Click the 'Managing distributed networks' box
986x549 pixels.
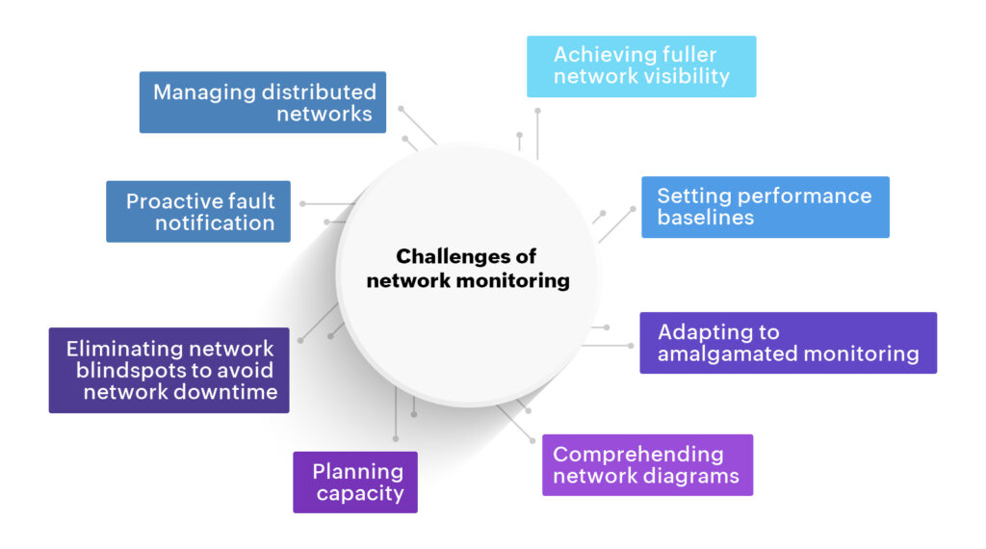coord(263,102)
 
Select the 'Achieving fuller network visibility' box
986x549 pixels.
coord(641,66)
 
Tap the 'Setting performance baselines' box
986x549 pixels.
coord(765,207)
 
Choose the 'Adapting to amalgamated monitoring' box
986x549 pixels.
coord(788,343)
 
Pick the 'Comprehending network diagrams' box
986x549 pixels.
coord(647,465)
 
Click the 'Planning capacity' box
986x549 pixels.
coord(355,483)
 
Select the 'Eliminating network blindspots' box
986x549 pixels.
coord(169,371)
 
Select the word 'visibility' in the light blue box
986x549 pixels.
coord(682,77)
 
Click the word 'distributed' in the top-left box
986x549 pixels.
coord(320,91)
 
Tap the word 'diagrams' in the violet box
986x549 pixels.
coord(690,476)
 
